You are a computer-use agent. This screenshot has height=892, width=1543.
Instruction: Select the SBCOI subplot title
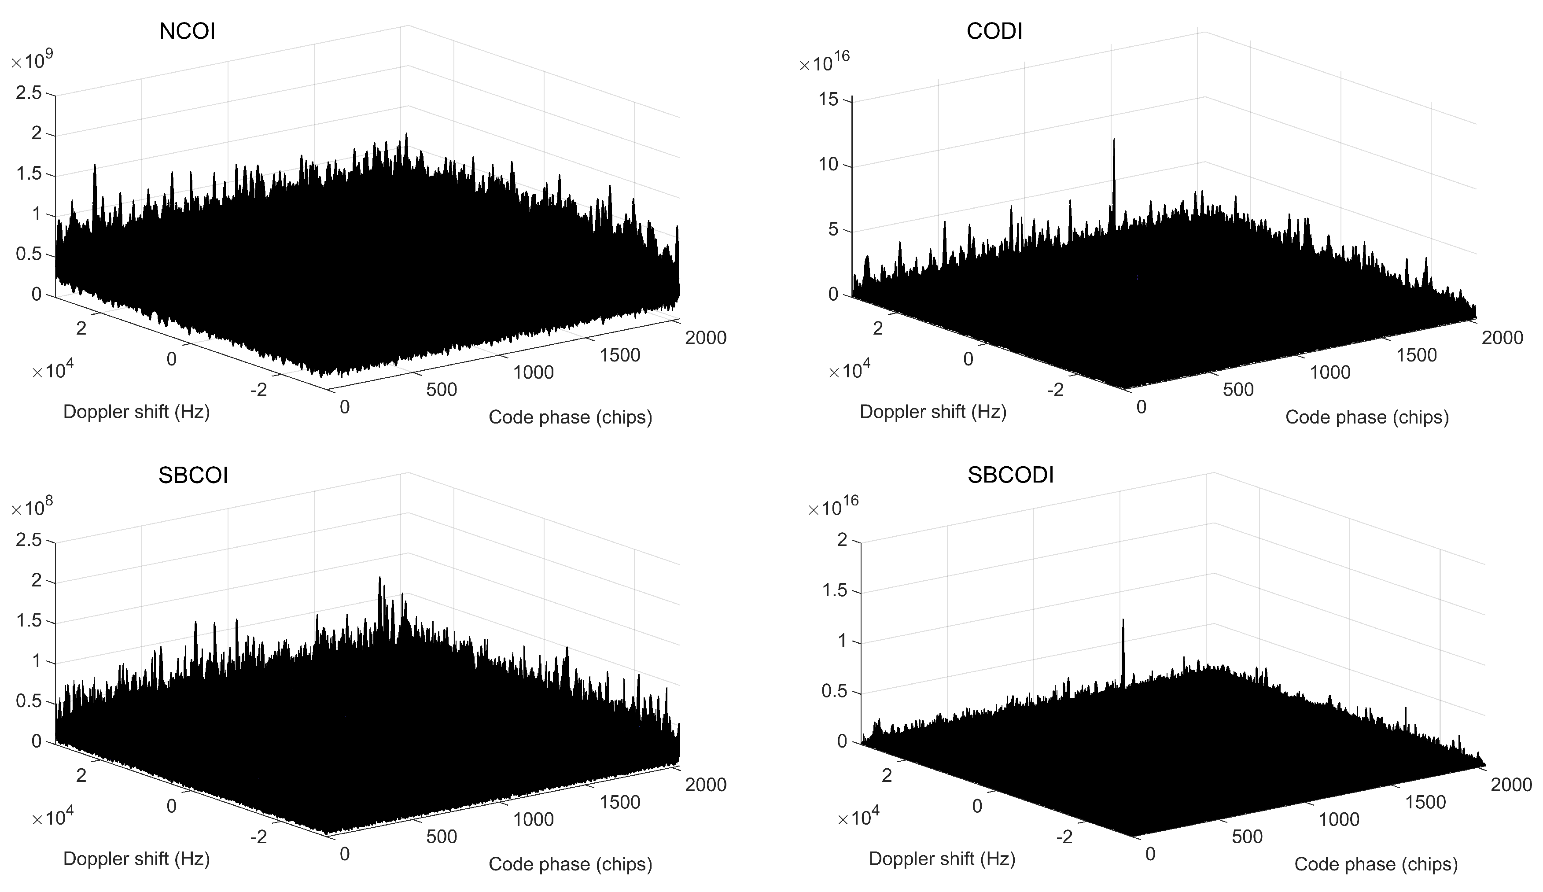click(x=193, y=475)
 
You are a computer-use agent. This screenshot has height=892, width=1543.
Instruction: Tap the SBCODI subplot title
click(x=1010, y=475)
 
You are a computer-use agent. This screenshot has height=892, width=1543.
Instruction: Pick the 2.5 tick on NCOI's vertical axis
click(x=29, y=93)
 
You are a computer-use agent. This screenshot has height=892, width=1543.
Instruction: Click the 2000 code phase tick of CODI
click(x=1502, y=338)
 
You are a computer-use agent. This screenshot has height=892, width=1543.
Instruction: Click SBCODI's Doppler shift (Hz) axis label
click(x=942, y=859)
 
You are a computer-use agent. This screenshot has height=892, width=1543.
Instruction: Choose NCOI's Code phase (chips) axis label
click(x=570, y=417)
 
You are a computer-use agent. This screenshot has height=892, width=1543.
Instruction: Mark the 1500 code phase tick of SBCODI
click(x=1425, y=803)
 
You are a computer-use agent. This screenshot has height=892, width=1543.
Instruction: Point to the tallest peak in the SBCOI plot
click(x=379, y=579)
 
